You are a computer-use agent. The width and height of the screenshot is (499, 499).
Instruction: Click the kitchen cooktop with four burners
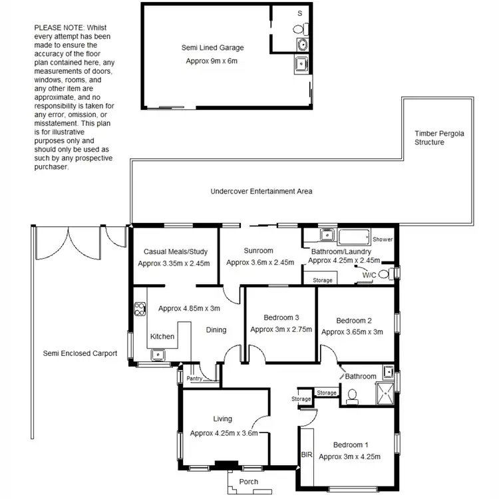pyautogui.click(x=140, y=308)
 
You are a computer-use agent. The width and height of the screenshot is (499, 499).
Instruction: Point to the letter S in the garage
pyautogui.click(x=299, y=13)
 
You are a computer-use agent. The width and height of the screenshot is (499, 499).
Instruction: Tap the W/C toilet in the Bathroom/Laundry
pyautogui.click(x=384, y=273)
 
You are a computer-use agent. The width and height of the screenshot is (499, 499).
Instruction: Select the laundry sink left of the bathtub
pyautogui.click(x=327, y=234)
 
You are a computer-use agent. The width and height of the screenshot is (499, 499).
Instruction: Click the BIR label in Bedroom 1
pyautogui.click(x=306, y=456)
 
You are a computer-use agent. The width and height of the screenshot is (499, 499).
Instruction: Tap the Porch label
pyautogui.click(x=248, y=482)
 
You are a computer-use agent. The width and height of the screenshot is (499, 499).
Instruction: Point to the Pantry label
pyautogui.click(x=194, y=379)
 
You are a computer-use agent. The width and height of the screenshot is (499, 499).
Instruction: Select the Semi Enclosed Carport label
pyautogui.click(x=80, y=353)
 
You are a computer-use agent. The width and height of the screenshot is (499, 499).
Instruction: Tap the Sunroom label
pyautogui.click(x=259, y=251)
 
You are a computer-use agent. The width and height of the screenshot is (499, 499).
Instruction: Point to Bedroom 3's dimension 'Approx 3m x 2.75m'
pyautogui.click(x=281, y=329)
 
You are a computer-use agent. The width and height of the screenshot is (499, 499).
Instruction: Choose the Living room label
pyautogui.click(x=222, y=418)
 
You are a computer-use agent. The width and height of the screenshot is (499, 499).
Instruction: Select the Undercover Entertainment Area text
pyautogui.click(x=261, y=192)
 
